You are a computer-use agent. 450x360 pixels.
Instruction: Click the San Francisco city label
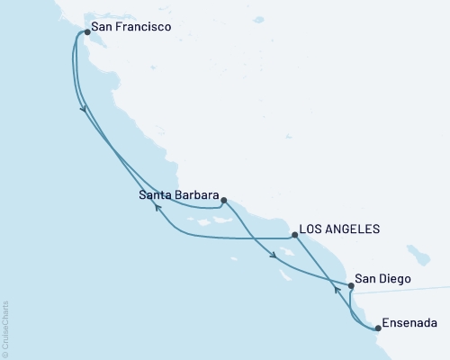130,29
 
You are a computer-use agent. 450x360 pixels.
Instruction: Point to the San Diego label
384,280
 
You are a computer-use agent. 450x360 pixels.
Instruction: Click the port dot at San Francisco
87,32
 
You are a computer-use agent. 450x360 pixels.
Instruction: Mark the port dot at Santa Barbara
223,201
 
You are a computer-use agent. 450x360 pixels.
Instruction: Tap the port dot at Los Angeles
295,235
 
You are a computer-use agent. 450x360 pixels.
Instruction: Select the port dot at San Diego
351,285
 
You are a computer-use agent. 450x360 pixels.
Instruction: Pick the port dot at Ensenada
378,328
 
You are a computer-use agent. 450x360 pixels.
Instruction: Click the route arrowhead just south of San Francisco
85,109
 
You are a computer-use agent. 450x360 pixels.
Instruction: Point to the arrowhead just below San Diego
349,289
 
